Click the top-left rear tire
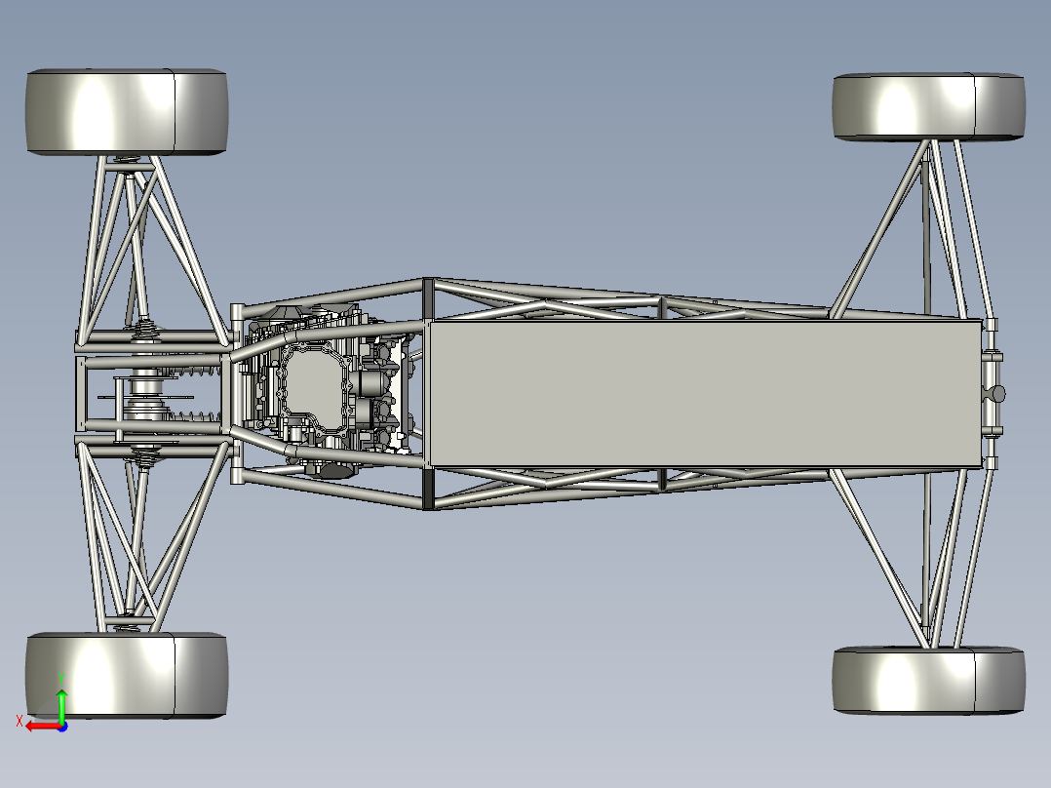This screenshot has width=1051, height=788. pos(127,111)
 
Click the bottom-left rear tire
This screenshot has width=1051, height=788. pos(127,675)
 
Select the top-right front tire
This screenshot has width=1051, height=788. pos(928,106)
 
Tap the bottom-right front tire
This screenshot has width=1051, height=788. pos(928,681)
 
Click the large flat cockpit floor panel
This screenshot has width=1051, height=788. pos(702,392)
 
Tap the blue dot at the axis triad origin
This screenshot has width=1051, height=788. pos(62,726)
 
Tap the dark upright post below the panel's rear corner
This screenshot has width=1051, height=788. pos(427,488)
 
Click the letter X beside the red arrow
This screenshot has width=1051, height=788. pos(19,721)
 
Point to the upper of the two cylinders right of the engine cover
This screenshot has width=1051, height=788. pos(373,371)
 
